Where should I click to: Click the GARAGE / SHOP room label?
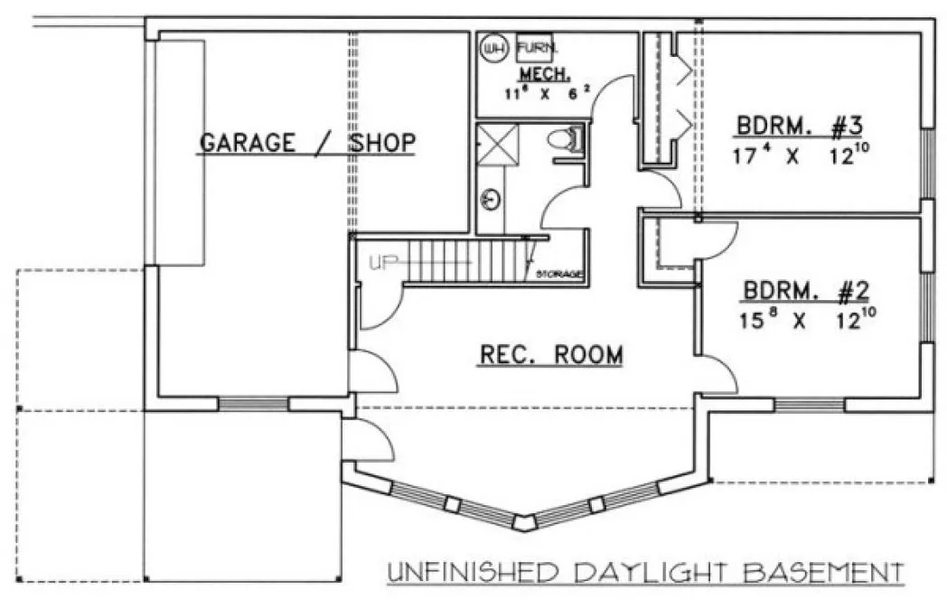(x=307, y=143)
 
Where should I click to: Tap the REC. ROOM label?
(x=549, y=355)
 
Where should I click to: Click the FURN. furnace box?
(x=539, y=46)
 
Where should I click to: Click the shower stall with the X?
(x=494, y=145)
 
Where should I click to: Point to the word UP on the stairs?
(x=383, y=264)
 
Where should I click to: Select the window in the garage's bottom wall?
(x=253, y=403)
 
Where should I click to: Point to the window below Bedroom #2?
(x=809, y=404)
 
